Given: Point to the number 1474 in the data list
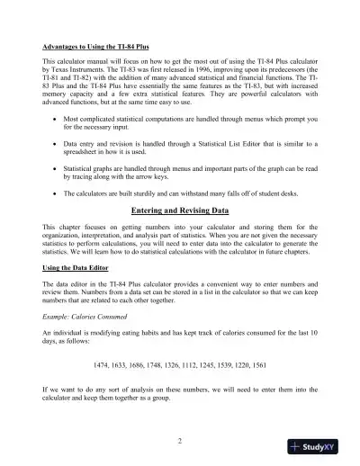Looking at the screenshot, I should pos(103,365).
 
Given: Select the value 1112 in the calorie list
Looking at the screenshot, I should pos(189,365).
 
